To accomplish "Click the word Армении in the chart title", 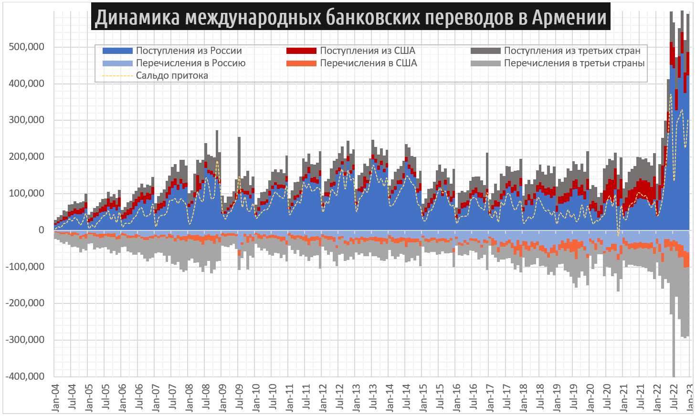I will (569, 17).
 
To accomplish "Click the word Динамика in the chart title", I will (137, 17).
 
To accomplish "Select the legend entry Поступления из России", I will (189, 51).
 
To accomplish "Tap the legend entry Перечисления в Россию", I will (190, 63).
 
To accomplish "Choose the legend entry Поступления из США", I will (367, 51).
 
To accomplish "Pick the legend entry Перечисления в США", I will (368, 63).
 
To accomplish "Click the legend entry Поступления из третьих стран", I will (572, 51).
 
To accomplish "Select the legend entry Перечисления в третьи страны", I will (574, 63).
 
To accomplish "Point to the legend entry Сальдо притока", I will (172, 75).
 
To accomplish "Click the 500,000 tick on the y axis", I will (26, 47).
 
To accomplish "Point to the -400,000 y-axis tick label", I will (25, 376).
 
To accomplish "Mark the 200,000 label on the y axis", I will (26, 156).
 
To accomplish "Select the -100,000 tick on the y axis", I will (25, 267).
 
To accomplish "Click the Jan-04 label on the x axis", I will (55, 397).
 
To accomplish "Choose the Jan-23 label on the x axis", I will (690, 397).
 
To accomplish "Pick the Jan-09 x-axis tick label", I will (222, 397).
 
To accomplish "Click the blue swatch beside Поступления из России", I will (117, 51).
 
